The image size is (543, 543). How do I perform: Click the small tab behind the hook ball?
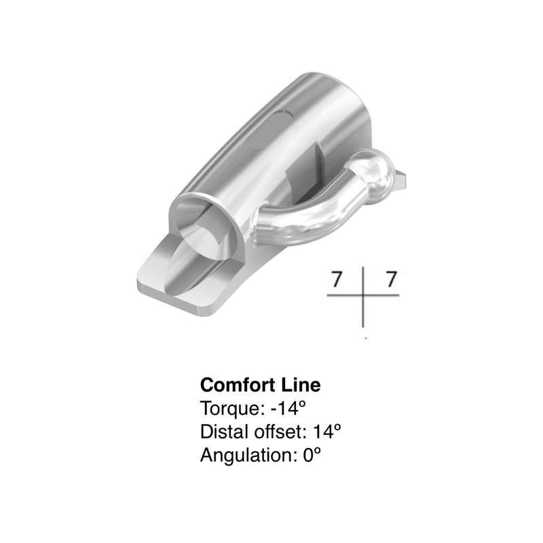pyautogui.click(x=400, y=179)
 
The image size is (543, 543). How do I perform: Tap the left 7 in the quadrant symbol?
pyautogui.click(x=337, y=279)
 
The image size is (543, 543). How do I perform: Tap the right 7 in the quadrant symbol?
pyautogui.click(x=391, y=279)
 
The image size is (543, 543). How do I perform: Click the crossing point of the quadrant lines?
pyautogui.click(x=363, y=295)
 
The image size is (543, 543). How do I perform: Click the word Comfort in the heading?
pyautogui.click(x=240, y=385)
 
